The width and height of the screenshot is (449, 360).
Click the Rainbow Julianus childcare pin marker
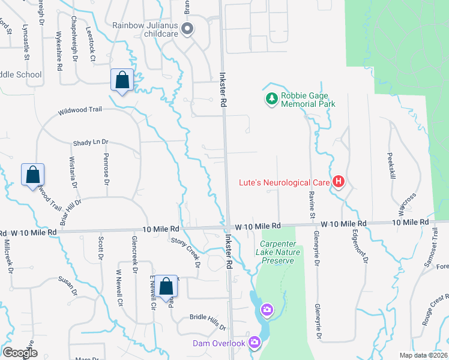pyautogui.click(x=187, y=29)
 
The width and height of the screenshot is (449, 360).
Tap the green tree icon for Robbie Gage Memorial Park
pyautogui.click(x=272, y=98)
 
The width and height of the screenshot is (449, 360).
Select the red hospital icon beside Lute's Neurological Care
pyautogui.click(x=339, y=181)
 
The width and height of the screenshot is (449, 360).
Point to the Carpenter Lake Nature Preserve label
pyautogui.click(x=277, y=252)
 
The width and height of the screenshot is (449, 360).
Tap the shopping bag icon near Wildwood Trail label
pyautogui.click(x=122, y=80)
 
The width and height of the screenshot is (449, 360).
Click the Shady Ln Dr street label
pyautogui.click(x=91, y=143)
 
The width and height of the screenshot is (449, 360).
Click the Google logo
pyautogui.click(x=20, y=353)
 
